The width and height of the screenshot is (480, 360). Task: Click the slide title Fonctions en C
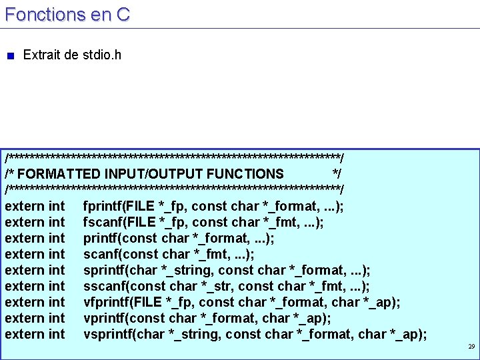[67, 14]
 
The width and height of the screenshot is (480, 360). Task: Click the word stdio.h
[101, 55]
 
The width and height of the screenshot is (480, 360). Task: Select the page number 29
[471, 347]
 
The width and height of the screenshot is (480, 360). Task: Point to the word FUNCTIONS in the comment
[245, 174]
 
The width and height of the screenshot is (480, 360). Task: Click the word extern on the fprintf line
[23, 206]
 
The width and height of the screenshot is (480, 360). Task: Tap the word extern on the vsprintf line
[23, 334]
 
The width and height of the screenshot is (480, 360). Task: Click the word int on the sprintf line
[57, 270]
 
